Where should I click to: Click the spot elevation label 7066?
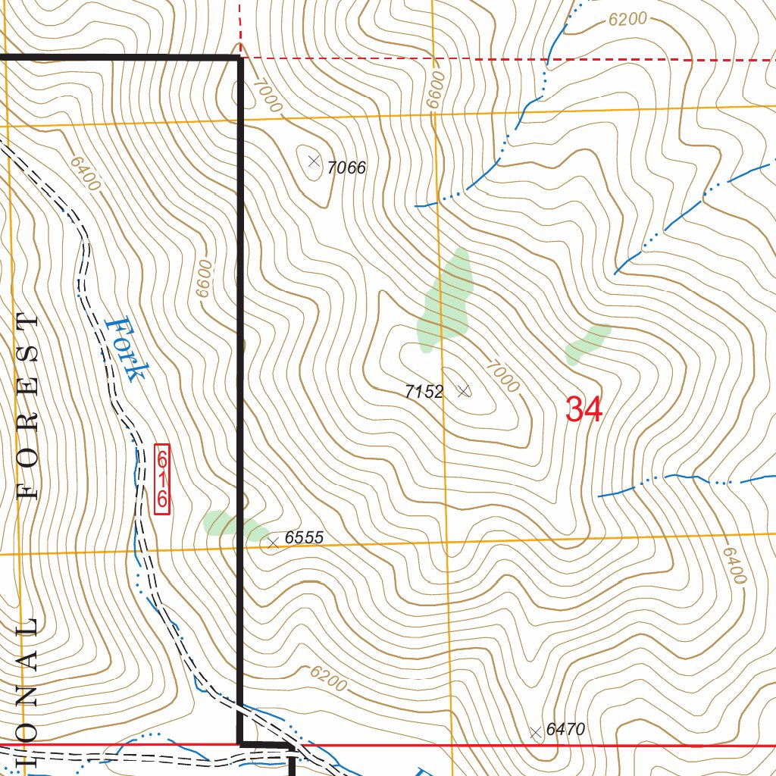pos(346,168)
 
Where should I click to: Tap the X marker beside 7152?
pos(465,391)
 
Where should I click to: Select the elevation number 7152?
pos(424,392)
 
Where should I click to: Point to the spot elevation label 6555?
pos(304,538)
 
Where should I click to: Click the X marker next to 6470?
pos(536,732)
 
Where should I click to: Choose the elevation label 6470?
pos(565,730)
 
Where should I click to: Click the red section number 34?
pos(584,410)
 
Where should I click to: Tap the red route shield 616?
pos(162,479)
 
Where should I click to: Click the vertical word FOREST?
pos(29,407)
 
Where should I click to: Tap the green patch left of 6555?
pos(232,525)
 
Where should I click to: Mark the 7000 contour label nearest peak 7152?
pos(503,376)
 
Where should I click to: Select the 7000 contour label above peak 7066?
pos(267,95)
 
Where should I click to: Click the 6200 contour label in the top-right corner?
pos(627,20)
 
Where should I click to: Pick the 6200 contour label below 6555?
pos(327,678)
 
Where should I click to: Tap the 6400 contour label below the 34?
pos(734,565)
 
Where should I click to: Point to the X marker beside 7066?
pos(314,161)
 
